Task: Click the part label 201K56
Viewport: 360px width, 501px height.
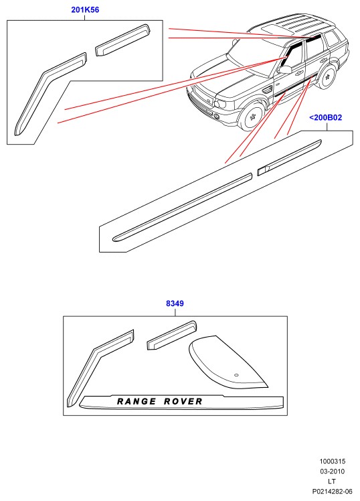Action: tap(85, 10)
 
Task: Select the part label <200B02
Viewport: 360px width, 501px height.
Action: tap(325, 118)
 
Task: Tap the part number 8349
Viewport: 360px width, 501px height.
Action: tap(175, 303)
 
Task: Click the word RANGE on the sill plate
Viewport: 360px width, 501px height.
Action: tap(137, 401)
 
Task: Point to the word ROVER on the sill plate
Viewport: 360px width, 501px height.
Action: tap(183, 401)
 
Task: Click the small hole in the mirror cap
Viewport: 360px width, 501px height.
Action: tap(236, 375)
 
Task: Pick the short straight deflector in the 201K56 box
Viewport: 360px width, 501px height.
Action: tap(123, 40)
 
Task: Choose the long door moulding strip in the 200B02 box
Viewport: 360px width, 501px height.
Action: tap(182, 208)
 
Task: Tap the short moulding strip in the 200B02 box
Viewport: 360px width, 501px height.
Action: tap(289, 157)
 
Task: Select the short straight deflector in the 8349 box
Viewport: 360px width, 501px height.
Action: tap(172, 336)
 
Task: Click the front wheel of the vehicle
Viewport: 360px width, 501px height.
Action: tap(253, 117)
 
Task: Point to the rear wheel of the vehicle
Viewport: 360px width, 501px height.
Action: tap(327, 77)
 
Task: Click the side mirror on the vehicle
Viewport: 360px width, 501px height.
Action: tap(284, 70)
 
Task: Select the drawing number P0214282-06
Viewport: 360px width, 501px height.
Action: tap(333, 492)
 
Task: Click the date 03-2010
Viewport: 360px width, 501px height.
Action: tap(333, 472)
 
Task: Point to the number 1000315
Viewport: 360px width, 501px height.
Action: tap(333, 461)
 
